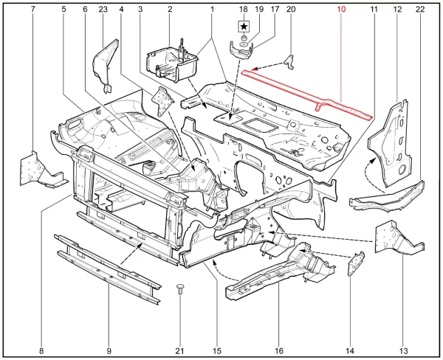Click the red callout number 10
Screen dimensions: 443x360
click(341, 10)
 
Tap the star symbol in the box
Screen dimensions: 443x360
click(244, 27)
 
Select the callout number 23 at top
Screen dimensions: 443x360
click(103, 10)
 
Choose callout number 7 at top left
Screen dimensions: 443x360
click(33, 10)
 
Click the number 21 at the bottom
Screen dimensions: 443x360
click(179, 351)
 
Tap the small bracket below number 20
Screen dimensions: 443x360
click(289, 62)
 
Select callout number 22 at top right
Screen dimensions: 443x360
click(420, 10)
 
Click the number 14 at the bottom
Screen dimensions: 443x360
click(350, 351)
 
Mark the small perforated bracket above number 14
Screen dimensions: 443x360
click(355, 263)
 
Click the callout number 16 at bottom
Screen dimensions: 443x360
click(278, 351)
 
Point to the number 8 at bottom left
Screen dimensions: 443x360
click(41, 351)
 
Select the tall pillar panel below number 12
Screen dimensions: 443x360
click(389, 144)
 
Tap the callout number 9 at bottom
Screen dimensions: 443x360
click(109, 351)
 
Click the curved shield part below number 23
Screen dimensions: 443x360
click(105, 66)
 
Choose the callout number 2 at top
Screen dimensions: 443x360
click(170, 10)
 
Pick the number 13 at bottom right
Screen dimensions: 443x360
click(404, 351)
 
